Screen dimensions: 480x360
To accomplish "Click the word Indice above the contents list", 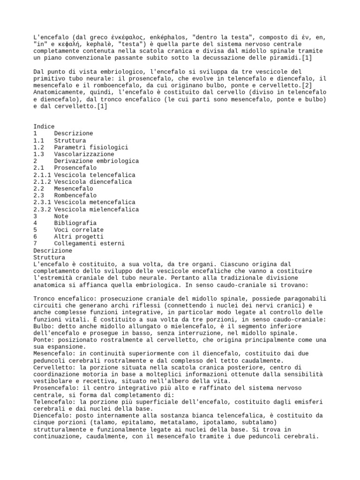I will pos(44,127).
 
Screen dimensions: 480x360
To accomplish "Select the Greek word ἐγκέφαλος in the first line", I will pos(131,37).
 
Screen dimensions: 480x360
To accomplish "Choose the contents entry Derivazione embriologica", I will pos(96,161).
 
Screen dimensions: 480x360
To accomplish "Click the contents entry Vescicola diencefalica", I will pos(93,182).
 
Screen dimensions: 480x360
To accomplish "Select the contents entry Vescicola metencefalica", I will pos(95,202).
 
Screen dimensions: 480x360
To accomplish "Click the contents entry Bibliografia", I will pos(75,223).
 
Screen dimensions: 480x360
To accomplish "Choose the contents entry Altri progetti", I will pos(77,237).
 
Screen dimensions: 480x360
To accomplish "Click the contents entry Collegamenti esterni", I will pos(89,244).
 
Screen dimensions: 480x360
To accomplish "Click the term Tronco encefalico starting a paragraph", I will pos(63,299).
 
